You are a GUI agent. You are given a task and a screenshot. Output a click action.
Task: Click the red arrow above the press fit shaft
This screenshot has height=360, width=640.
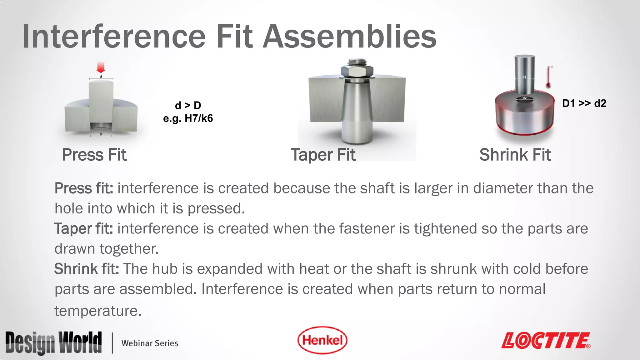pyautogui.click(x=101, y=67)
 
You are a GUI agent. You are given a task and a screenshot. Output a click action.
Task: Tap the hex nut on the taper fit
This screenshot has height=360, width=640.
pyautogui.click(x=357, y=72)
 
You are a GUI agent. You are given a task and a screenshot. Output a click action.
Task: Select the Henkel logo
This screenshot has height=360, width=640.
pyautogui.click(x=322, y=340)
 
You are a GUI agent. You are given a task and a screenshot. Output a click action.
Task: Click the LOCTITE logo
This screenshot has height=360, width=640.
pyautogui.click(x=546, y=340)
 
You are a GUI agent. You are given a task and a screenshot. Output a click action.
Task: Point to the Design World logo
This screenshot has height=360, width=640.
pyautogui.click(x=53, y=342)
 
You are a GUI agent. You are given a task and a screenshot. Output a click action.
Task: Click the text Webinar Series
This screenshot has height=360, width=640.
pyautogui.click(x=150, y=343)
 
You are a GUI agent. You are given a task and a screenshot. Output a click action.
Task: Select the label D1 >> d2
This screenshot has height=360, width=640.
pyautogui.click(x=584, y=103)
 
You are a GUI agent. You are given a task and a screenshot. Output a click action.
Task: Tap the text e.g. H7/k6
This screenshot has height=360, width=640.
pyautogui.click(x=188, y=118)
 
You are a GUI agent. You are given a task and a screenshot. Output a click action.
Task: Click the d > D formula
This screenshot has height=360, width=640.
pyautogui.click(x=188, y=105)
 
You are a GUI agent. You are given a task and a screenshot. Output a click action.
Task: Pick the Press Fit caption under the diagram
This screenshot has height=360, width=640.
pyautogui.click(x=94, y=155)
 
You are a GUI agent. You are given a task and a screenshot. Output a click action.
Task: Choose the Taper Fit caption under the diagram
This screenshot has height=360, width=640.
pyautogui.click(x=323, y=155)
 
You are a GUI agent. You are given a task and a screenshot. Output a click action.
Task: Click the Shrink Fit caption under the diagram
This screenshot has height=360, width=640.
pyautogui.click(x=515, y=155)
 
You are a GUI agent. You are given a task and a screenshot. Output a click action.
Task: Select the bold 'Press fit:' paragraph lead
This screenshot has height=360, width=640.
pyautogui.click(x=84, y=188)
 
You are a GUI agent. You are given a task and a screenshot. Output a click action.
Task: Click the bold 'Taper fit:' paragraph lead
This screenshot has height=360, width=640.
pyautogui.click(x=83, y=228)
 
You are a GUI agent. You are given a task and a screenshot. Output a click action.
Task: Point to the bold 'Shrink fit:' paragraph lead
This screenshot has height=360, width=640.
pyautogui.click(x=86, y=269)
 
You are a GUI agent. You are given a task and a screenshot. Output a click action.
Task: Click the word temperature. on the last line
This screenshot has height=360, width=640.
pyautogui.click(x=98, y=311)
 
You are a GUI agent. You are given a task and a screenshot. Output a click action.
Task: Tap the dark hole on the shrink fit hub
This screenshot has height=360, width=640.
pyautogui.click(x=525, y=99)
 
